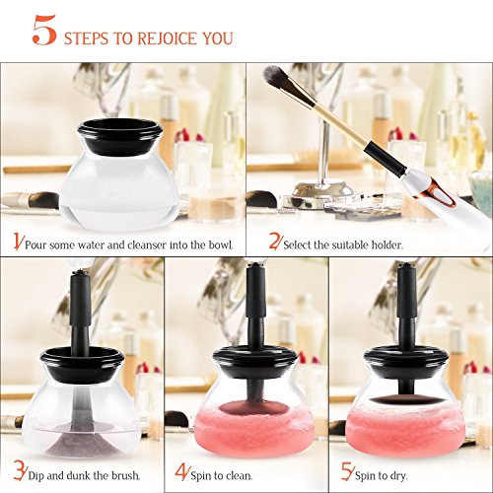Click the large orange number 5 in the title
(x=44, y=30)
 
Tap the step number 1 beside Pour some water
(x=18, y=242)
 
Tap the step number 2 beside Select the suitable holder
(x=274, y=241)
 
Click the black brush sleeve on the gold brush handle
(x=387, y=159)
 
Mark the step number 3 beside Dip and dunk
(x=19, y=470)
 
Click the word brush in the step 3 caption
(x=125, y=475)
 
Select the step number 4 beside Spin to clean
(x=181, y=471)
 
